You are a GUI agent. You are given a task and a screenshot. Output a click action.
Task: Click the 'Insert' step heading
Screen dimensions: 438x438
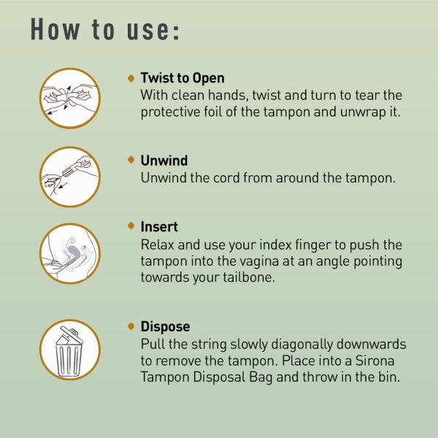click(158, 228)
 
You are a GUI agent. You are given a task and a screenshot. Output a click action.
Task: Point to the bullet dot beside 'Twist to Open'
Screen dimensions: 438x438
click(131, 78)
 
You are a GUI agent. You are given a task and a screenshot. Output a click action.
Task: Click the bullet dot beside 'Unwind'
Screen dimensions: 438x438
click(131, 160)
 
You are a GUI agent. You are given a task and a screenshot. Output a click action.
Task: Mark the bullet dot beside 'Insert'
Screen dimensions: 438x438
click(131, 228)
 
